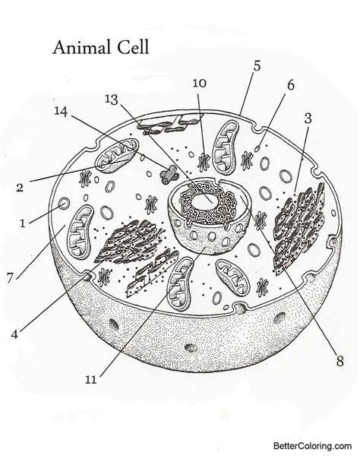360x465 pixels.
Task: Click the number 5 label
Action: coord(257,66)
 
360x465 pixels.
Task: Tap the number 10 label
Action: coord(200,84)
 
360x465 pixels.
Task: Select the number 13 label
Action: coord(112,100)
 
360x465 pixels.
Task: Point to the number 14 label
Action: coord(61,112)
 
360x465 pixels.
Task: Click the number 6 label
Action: coord(291,85)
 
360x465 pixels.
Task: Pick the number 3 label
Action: coord(308,119)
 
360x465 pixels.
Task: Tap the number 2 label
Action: coord(20,188)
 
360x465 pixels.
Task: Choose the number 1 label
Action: coord(23,223)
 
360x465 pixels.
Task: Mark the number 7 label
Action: coord(11,278)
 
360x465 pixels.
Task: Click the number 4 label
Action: coord(14,334)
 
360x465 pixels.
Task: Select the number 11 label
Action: coord(91,380)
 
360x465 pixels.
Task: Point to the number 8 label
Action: coord(339,361)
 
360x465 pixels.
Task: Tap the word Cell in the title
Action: coord(132,47)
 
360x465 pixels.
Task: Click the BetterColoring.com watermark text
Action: coord(313,446)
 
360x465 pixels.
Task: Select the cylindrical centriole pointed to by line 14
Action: coord(169,174)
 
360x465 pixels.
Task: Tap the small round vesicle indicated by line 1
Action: coord(64,204)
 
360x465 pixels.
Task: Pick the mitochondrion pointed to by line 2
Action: coord(117,154)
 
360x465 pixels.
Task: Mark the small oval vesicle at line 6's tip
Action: coord(258,147)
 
